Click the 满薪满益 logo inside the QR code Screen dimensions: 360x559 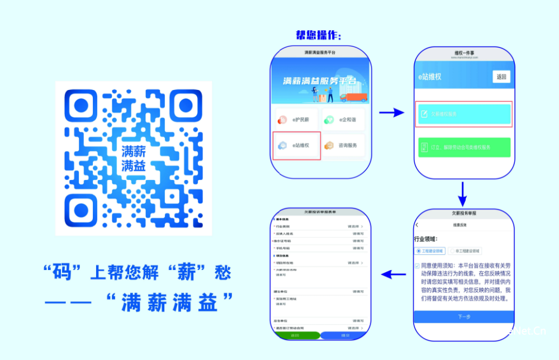(134, 158)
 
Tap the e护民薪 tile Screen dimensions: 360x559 (295, 119)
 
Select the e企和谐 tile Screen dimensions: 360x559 (343, 119)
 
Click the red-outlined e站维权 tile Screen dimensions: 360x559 (296, 146)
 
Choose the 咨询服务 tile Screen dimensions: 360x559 (343, 145)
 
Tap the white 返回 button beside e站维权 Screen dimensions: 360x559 (501, 77)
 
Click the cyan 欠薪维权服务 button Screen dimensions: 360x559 (465, 114)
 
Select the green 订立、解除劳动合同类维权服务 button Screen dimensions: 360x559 (465, 148)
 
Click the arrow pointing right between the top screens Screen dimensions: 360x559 (391, 113)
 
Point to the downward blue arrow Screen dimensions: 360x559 (462, 193)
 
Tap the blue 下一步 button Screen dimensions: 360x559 (464, 316)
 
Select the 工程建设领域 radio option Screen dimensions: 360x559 (430, 251)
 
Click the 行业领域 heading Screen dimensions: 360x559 (429, 239)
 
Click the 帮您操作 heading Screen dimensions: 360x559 (318, 35)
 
